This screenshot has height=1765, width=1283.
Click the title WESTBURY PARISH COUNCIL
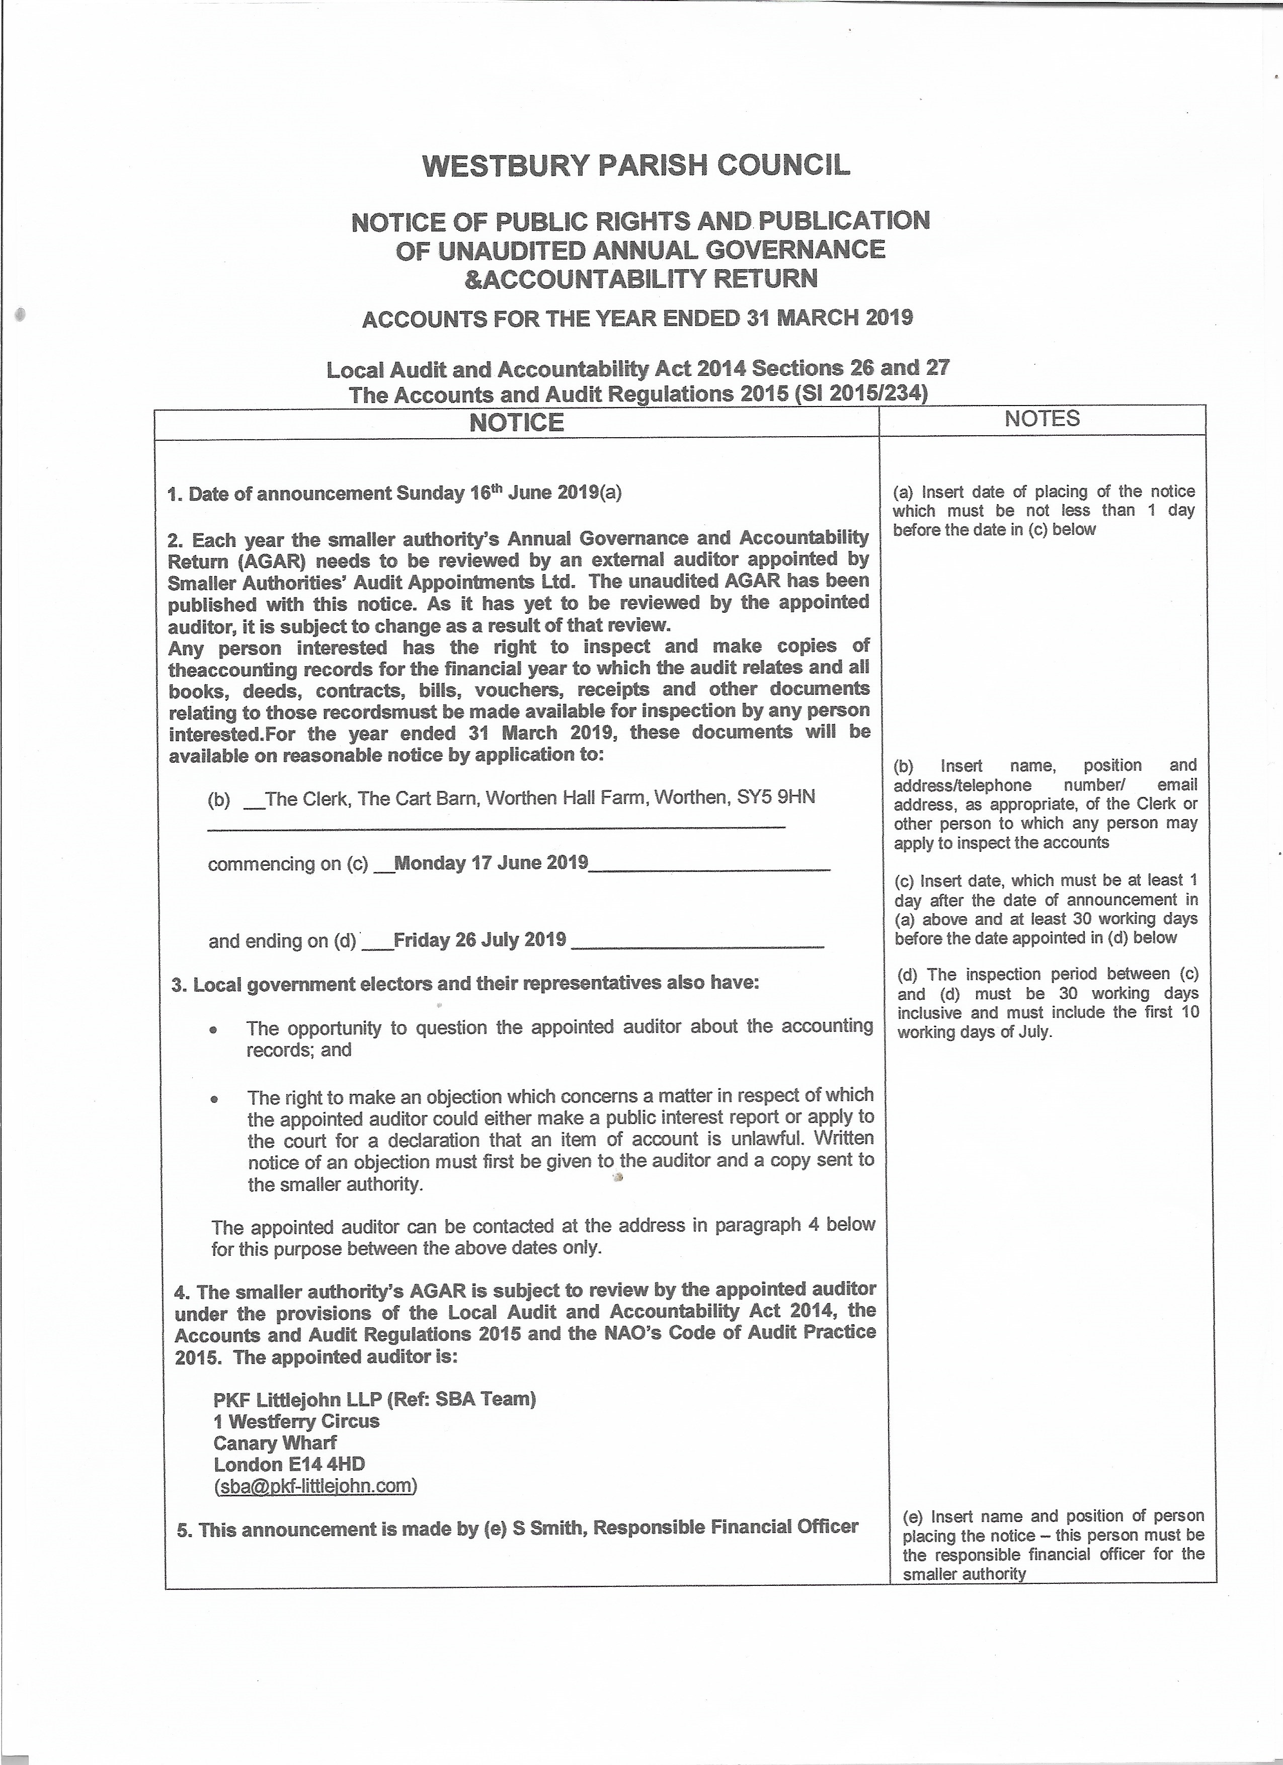tap(635, 166)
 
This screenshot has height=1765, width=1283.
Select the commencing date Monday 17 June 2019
tap(492, 863)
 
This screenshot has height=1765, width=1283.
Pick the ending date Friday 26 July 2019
tap(480, 940)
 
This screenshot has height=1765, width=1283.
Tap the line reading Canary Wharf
tap(275, 1442)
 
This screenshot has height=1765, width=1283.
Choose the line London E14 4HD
tap(289, 1464)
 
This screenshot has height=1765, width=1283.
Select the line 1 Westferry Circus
tap(296, 1420)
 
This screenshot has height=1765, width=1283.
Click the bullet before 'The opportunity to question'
tap(213, 1029)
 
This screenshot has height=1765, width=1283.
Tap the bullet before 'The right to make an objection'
tap(214, 1099)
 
